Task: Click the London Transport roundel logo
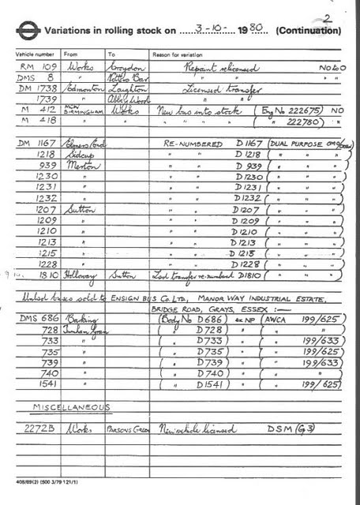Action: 28,30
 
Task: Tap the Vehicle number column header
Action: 32,54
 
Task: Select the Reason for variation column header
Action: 174,54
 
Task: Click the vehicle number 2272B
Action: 38,428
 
